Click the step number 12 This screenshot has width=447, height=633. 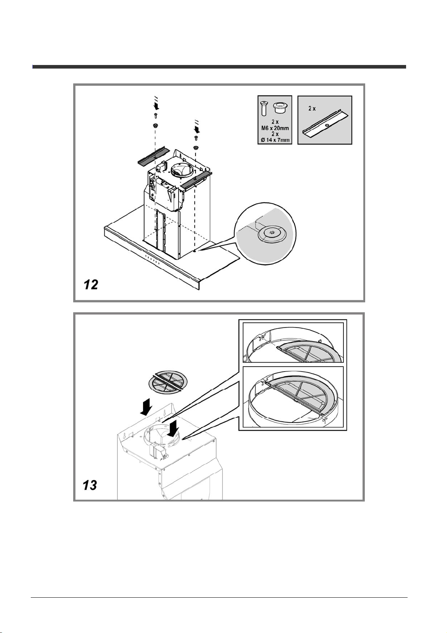click(91, 284)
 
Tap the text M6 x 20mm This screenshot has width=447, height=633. click(275, 128)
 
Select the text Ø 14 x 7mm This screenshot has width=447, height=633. click(275, 140)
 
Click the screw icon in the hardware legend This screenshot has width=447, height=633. click(264, 109)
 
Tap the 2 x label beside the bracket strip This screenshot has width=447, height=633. click(312, 108)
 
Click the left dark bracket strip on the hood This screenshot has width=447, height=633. click(153, 156)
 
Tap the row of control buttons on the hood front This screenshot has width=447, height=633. click(152, 260)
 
